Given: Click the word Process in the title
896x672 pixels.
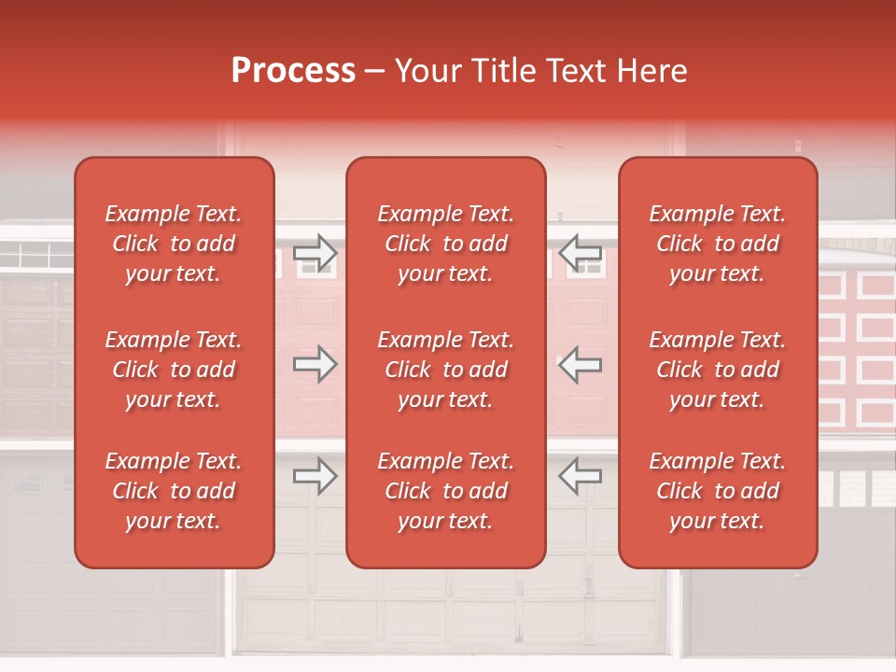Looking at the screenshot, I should [x=293, y=71].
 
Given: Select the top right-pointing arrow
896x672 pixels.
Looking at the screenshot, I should [x=315, y=253].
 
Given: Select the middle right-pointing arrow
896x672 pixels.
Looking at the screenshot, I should [x=315, y=364].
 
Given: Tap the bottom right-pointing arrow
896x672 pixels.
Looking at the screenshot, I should [x=315, y=475].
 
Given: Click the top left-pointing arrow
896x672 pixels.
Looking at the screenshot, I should [x=581, y=253].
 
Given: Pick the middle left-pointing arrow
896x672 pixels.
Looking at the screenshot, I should [x=581, y=364].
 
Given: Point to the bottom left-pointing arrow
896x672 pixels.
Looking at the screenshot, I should [x=581, y=475].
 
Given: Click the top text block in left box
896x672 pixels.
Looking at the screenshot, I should [x=174, y=244].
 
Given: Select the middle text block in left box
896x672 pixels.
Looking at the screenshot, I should [x=174, y=370].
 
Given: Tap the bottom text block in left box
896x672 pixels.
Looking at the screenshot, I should [x=174, y=491].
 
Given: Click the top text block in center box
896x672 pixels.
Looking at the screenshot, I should [x=446, y=244].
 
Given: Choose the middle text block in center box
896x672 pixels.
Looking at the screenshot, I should [x=446, y=370].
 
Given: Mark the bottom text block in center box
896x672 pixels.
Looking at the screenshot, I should [x=446, y=491].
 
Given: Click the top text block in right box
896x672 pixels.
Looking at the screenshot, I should [x=718, y=244].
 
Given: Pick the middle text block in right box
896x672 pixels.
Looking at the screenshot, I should [x=718, y=370].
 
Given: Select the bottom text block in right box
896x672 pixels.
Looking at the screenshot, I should [x=718, y=491].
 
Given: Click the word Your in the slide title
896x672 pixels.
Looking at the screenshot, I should [x=427, y=71].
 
